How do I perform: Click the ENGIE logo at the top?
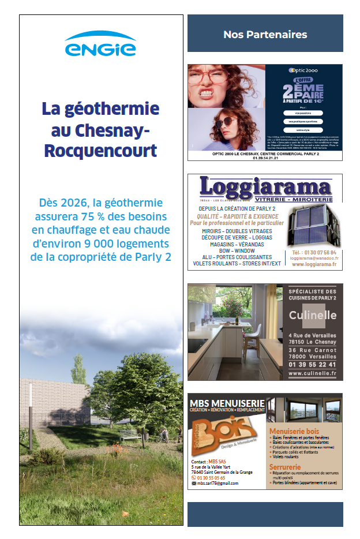tap(100, 45)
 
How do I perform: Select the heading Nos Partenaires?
tap(265, 35)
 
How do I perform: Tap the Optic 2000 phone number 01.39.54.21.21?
tap(265, 159)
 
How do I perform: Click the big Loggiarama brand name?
tap(265, 187)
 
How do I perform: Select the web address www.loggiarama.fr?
tap(314, 265)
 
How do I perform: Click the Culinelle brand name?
tap(313, 315)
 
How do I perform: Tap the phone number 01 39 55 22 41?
tap(313, 364)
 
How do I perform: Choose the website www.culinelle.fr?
tap(313, 373)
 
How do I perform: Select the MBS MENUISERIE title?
tap(227, 402)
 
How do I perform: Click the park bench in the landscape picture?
tap(133, 438)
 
